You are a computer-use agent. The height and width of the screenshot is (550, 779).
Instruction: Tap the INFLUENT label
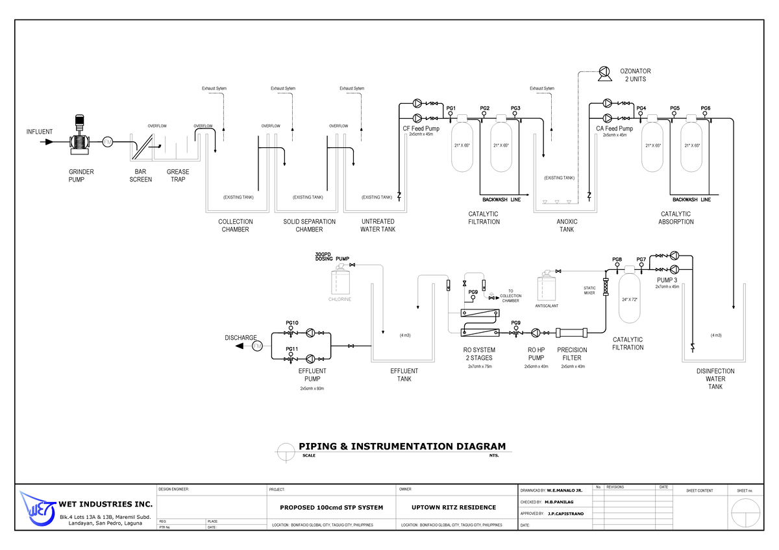point(40,132)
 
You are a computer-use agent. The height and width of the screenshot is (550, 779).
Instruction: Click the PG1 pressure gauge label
point(451,108)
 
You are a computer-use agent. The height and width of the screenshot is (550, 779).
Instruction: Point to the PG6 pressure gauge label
point(706,108)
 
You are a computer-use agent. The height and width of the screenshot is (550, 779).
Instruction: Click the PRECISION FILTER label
point(572,353)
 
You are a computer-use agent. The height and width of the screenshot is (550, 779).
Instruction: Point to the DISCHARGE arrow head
point(240,346)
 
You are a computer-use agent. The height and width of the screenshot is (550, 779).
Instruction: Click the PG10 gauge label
point(291,323)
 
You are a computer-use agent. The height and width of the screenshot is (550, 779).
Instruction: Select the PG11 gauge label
point(291,349)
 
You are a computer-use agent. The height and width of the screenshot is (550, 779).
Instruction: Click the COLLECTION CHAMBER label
point(235,226)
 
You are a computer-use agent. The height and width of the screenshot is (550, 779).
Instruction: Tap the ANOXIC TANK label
point(567,226)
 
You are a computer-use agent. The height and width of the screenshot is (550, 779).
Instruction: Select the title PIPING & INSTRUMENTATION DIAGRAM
point(401,446)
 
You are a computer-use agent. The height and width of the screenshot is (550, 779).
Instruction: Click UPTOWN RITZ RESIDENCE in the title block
point(454,507)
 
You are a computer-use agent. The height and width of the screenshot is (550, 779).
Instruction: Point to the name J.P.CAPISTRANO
point(565,514)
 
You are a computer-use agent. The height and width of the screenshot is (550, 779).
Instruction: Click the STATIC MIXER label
point(589,291)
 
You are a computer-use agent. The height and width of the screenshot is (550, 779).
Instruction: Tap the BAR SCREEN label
point(141,176)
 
